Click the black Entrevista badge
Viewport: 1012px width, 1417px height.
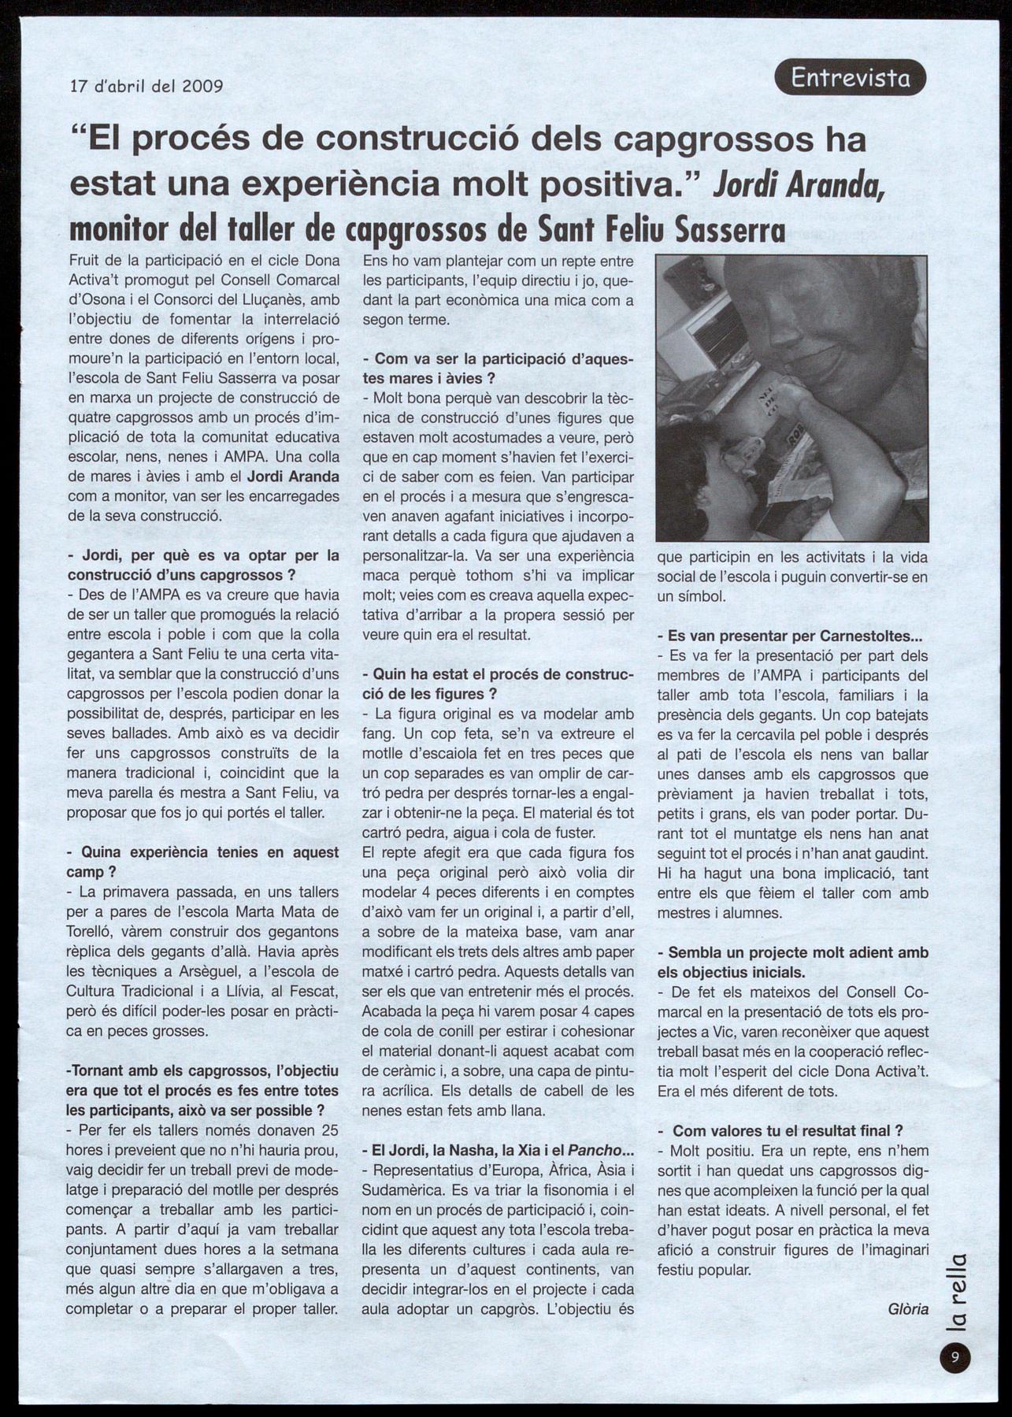coord(850,77)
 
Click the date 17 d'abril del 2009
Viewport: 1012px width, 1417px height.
coord(146,86)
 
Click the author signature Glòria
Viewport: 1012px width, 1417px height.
coord(907,1309)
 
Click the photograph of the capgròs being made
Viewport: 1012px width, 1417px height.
coord(791,398)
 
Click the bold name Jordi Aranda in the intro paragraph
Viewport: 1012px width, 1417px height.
coord(293,477)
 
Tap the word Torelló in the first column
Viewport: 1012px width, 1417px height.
coord(89,932)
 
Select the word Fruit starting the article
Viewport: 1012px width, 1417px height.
coord(85,260)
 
